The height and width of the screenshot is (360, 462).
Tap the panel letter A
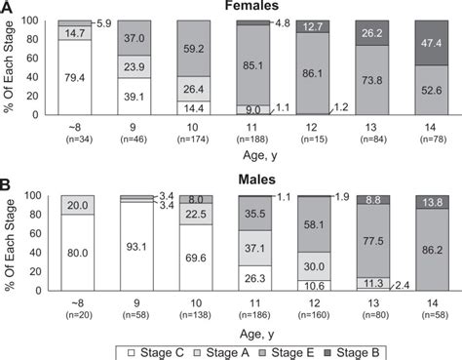8,8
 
